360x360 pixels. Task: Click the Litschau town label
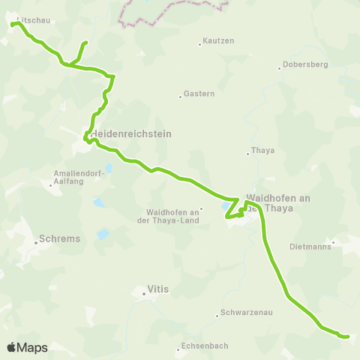(34, 20)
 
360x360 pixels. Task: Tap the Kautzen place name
(219, 40)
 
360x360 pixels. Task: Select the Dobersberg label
(306, 65)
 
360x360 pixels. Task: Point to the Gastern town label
(199, 94)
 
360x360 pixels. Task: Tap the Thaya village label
(264, 150)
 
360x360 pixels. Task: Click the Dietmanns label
(310, 246)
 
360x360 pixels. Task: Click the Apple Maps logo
(27, 347)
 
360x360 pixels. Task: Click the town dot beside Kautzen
(200, 44)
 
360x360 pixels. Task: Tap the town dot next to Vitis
(144, 294)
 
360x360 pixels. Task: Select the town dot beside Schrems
(35, 242)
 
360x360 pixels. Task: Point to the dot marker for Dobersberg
(280, 69)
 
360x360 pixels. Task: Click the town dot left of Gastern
(181, 96)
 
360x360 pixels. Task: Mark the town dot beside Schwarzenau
(217, 314)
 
